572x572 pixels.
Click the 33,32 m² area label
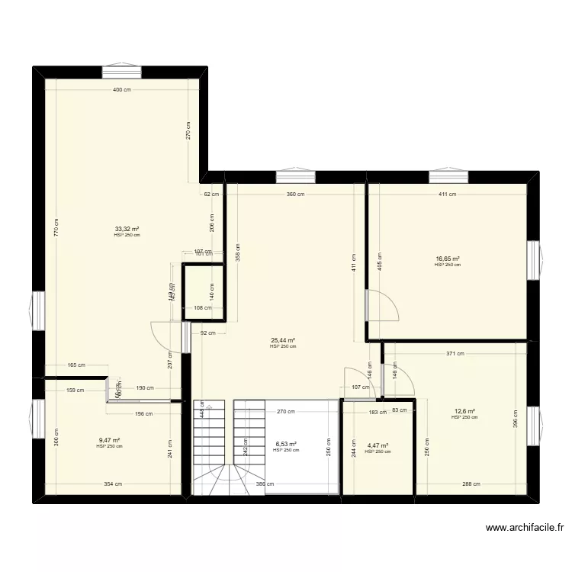click(127, 228)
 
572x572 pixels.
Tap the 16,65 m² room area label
click(448, 259)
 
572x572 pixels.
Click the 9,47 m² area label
click(109, 440)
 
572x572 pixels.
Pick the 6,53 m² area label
click(285, 444)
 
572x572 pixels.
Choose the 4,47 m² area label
click(378, 445)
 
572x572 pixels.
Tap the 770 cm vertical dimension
click(56, 229)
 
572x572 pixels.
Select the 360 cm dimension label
click(295, 194)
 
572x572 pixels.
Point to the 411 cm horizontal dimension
click(447, 194)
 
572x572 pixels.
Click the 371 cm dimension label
click(455, 354)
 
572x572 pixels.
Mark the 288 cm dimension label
click(471, 484)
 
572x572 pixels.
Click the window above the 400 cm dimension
click(121, 72)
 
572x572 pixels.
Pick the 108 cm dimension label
click(202, 308)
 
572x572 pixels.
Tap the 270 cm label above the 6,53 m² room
click(286, 413)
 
